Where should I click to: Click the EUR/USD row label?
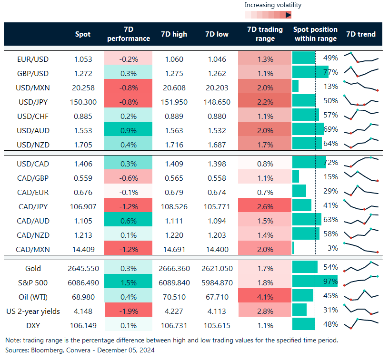point(33,59)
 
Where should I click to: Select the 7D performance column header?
point(128,34)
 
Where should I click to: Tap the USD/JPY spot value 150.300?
point(86,102)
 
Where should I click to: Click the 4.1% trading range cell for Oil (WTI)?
point(265,297)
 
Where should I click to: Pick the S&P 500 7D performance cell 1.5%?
point(128,282)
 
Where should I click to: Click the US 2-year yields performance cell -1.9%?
point(128,311)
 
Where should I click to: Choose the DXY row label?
point(33,325)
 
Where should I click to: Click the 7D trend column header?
point(360,34)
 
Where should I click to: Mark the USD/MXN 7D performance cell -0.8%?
point(128,88)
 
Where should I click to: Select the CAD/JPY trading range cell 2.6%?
point(265,206)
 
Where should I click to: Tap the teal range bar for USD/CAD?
point(309,163)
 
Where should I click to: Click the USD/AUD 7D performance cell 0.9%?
point(128,129)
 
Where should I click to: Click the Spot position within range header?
point(315,34)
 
